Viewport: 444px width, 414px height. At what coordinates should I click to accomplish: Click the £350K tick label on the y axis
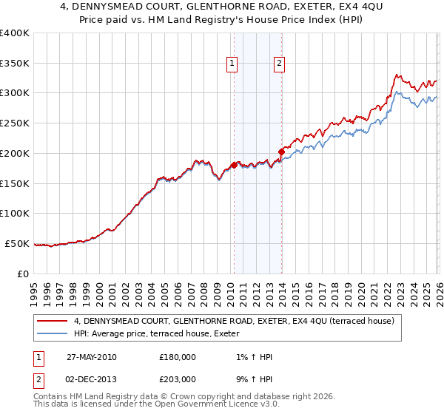tap(15, 63)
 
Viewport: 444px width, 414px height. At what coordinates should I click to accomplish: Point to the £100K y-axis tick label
tap(15, 213)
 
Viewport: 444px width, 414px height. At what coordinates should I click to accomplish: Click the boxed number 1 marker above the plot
tap(232, 64)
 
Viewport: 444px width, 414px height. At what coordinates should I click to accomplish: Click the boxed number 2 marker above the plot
tap(280, 64)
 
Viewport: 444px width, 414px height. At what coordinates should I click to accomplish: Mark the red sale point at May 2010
tap(234, 165)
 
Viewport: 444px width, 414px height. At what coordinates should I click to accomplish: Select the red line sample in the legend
tap(53, 321)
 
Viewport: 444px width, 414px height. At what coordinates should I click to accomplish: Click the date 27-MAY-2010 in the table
tap(91, 357)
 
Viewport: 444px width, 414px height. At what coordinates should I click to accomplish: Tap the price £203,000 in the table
tap(177, 379)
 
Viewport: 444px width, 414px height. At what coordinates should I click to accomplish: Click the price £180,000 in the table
tap(177, 357)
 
